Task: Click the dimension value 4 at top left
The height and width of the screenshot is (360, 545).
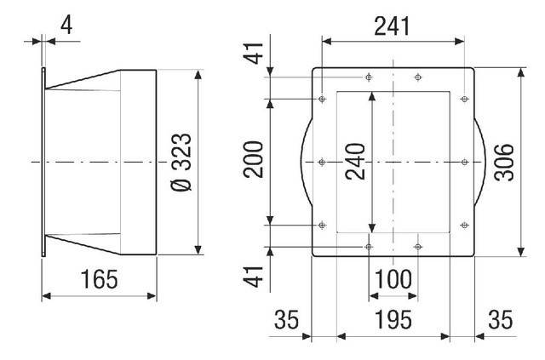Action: click(66, 25)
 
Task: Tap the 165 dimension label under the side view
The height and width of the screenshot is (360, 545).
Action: click(99, 279)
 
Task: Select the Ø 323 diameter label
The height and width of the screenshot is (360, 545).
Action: click(181, 162)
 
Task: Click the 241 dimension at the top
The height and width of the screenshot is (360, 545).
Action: click(392, 26)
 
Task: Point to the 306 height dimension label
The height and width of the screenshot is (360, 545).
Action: click(503, 163)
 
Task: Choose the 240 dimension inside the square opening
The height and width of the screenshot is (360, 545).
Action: click(355, 162)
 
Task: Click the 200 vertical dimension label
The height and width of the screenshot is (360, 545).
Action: click(253, 159)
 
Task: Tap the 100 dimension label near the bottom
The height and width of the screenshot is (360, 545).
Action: click(393, 279)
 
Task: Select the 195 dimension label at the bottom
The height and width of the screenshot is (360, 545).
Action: click(393, 320)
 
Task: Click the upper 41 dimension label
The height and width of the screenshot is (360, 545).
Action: click(253, 53)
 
